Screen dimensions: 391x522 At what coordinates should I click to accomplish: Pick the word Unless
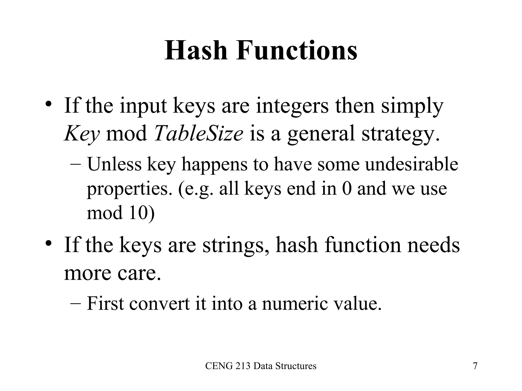pyautogui.click(x=114, y=164)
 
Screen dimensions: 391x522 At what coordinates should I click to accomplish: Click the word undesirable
pyautogui.click(x=411, y=164)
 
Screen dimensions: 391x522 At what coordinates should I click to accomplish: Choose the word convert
pyautogui.click(x=160, y=304)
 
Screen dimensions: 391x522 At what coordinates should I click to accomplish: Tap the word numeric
pyautogui.click(x=295, y=304)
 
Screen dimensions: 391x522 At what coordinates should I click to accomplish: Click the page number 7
pyautogui.click(x=475, y=366)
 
